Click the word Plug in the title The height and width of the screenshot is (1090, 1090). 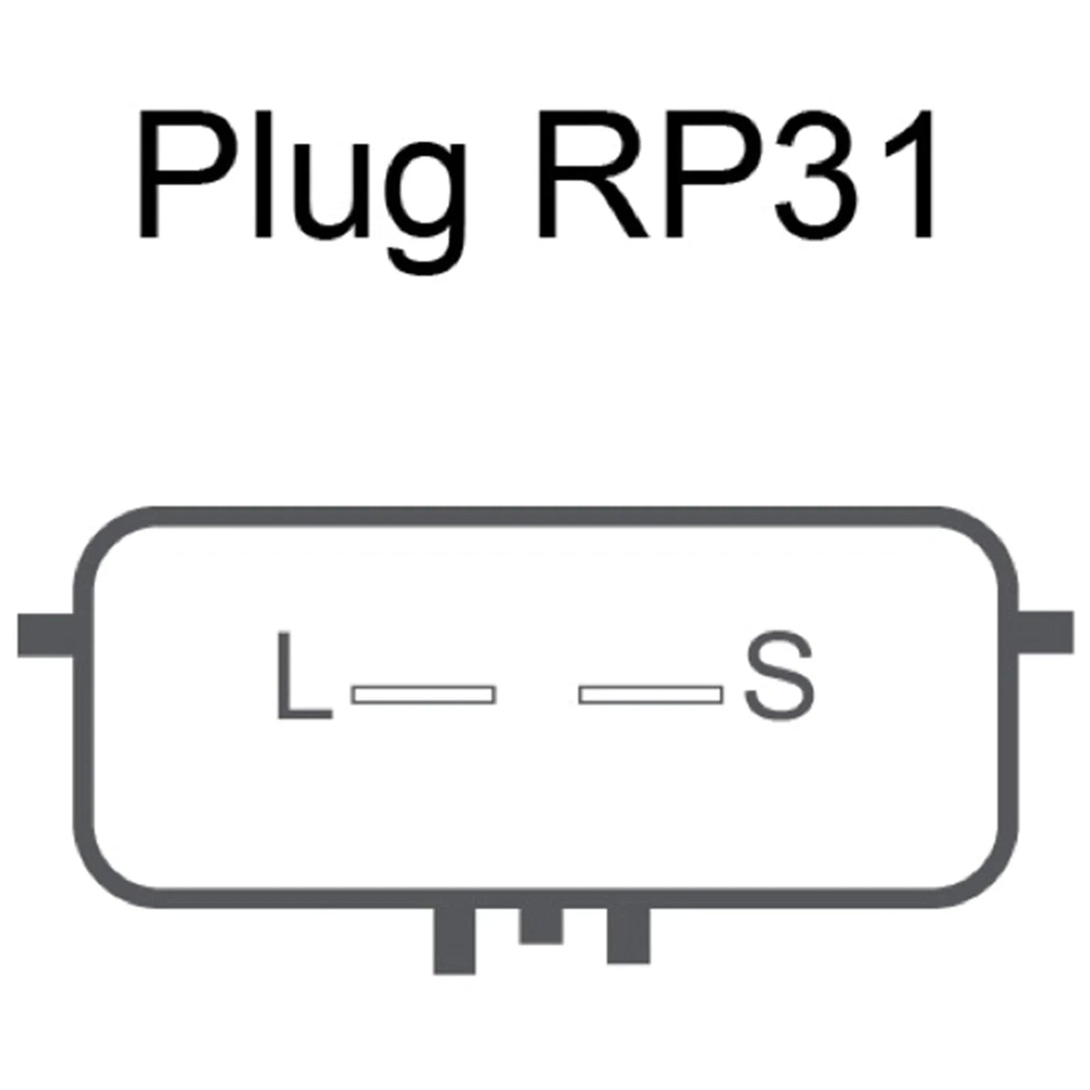[x=303, y=192]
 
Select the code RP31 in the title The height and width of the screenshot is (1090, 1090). [x=735, y=174]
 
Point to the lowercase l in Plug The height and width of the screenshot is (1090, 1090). [x=263, y=174]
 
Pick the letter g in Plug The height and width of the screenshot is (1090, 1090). [x=428, y=209]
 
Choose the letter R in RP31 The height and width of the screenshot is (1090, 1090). [x=594, y=174]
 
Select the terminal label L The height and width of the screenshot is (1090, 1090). [x=304, y=676]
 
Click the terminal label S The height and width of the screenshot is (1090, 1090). [x=779, y=677]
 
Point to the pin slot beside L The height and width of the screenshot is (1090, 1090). [x=424, y=695]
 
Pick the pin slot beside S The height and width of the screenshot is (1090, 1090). [x=650, y=695]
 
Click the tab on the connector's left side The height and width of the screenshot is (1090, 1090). [x=46, y=634]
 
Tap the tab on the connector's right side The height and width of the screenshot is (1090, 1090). [x=1045, y=632]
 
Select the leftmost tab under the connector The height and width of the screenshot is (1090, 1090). [x=453, y=941]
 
